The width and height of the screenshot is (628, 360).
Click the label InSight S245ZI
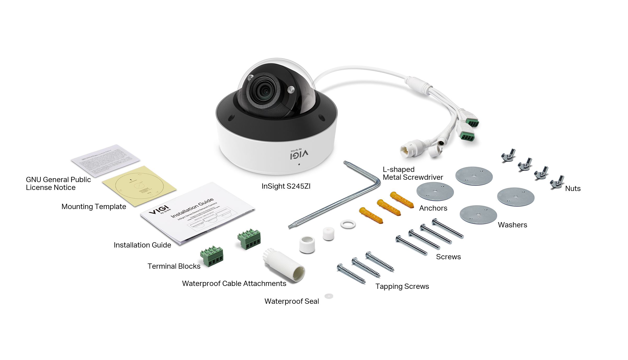point(286,186)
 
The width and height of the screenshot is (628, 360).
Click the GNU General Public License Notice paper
point(105,160)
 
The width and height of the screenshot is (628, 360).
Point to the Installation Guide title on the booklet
point(192,208)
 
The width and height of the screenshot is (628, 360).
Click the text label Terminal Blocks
point(174,266)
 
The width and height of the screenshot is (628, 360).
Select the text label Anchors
point(433,208)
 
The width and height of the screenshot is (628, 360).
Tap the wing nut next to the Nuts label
point(557,182)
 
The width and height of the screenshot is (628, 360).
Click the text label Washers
point(512,225)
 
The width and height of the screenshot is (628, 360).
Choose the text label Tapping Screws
point(402,286)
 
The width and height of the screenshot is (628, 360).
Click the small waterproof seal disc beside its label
point(329,296)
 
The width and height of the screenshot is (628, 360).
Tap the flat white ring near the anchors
point(348,224)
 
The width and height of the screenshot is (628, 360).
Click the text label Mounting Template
point(94,207)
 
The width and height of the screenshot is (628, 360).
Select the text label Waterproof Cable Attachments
point(234,284)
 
